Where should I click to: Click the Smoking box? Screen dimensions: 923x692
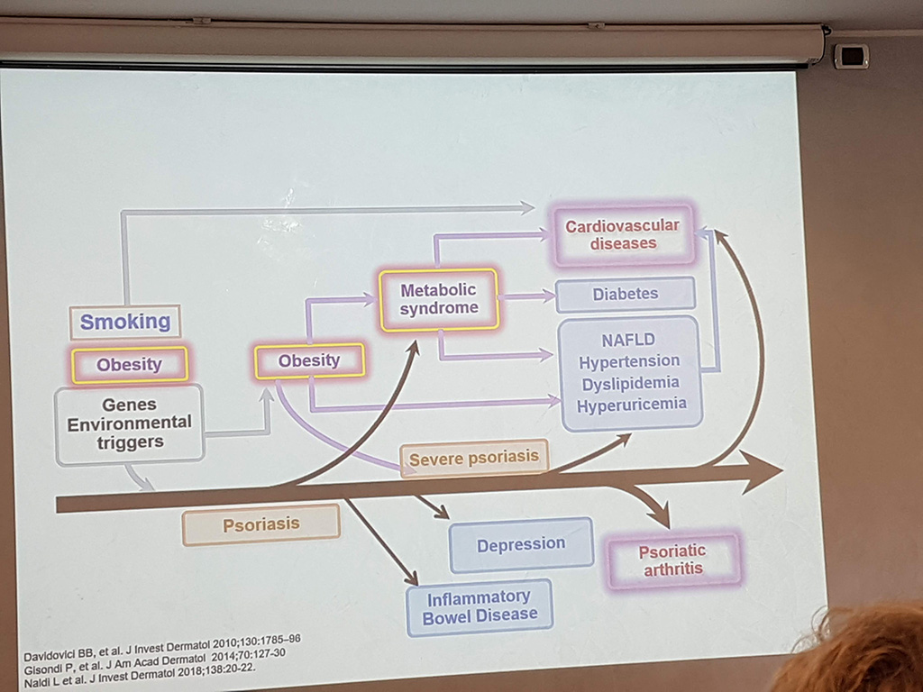pyautogui.click(x=124, y=322)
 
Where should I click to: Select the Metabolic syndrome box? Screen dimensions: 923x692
pyautogui.click(x=439, y=299)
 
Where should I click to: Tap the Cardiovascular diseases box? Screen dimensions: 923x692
pyautogui.click(x=624, y=234)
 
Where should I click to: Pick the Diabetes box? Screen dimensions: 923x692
pyautogui.click(x=626, y=294)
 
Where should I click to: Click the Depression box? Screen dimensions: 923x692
pyautogui.click(x=521, y=544)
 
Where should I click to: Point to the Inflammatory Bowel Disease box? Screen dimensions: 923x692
pyautogui.click(x=480, y=607)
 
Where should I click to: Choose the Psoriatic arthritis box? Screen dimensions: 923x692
pyautogui.click(x=672, y=560)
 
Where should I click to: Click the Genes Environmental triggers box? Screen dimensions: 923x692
pyautogui.click(x=130, y=423)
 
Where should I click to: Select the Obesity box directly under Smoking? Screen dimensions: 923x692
pyautogui.click(x=130, y=364)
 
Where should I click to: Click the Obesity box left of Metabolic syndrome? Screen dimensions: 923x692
pyautogui.click(x=310, y=360)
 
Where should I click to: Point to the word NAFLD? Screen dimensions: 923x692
pyautogui.click(x=628, y=340)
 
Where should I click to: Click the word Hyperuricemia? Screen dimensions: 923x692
pyautogui.click(x=632, y=405)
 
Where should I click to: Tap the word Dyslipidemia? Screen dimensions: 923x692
pyautogui.click(x=630, y=384)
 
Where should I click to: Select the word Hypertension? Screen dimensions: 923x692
pyautogui.click(x=629, y=361)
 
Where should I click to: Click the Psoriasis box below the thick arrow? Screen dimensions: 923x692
pyautogui.click(x=261, y=524)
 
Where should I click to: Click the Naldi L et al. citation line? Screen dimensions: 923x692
pyautogui.click(x=140, y=678)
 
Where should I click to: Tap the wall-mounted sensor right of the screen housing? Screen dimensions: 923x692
pyautogui.click(x=851, y=57)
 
